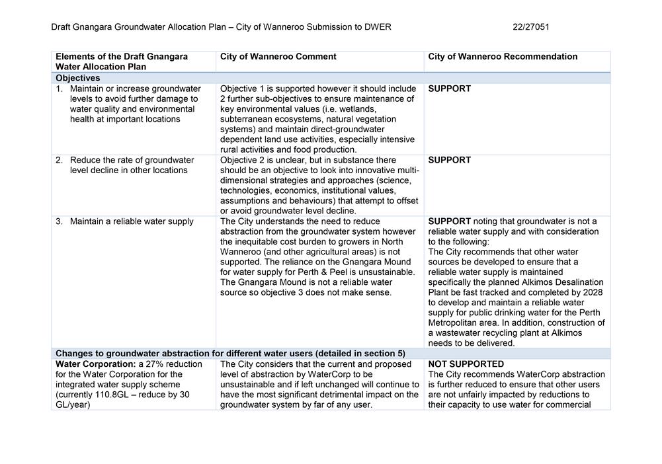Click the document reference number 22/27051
point(530,27)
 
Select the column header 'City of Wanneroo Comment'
point(278,57)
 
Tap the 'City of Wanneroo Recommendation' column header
point(503,57)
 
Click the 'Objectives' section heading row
point(78,78)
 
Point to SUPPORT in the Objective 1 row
point(450,89)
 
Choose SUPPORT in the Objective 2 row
point(450,160)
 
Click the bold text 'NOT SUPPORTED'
point(466,364)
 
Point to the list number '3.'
point(60,221)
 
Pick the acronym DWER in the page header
point(378,27)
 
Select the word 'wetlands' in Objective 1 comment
point(358,109)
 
